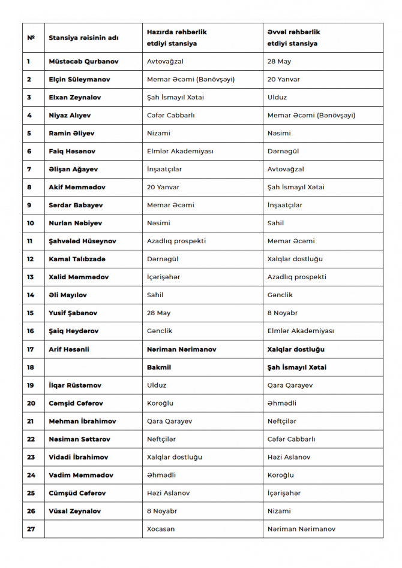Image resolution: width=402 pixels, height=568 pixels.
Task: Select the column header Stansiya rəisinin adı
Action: [x=83, y=38]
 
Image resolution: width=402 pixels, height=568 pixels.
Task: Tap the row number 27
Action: [x=31, y=529]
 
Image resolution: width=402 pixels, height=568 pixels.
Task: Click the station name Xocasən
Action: [x=161, y=529]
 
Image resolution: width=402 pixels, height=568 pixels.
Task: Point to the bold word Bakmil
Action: [x=158, y=367]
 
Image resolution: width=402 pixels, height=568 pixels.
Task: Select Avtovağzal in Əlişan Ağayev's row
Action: [x=286, y=169]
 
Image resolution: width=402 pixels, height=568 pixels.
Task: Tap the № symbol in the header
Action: [x=31, y=38]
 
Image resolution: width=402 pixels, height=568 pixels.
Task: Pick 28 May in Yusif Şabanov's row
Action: [x=158, y=313]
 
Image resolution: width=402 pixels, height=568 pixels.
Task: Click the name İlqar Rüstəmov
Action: [x=75, y=385]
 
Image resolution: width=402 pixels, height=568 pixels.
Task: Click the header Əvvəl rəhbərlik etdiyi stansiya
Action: [x=293, y=38]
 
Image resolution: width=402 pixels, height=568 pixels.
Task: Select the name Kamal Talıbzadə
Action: [x=77, y=259]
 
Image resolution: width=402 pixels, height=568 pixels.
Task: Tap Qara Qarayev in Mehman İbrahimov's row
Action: [x=170, y=421]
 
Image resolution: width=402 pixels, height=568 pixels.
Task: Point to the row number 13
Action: [x=31, y=277]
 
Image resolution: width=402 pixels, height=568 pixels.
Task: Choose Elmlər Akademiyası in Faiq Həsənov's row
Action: [x=180, y=151]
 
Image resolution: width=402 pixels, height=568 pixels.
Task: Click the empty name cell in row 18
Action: [x=93, y=367]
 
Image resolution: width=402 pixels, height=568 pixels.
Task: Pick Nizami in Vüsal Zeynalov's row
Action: [x=279, y=511]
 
